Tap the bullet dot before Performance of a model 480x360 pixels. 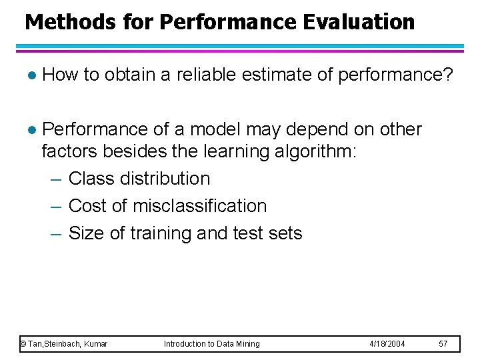click(27, 129)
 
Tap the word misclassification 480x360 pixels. click(200, 206)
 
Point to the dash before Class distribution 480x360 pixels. click(56, 179)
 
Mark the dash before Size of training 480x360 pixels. click(56, 234)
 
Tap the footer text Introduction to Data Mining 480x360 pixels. click(212, 344)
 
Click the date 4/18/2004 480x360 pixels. click(387, 344)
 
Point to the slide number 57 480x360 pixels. click(443, 344)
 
